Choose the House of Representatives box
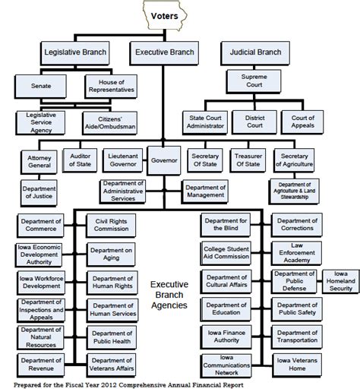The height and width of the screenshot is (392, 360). [x=110, y=85]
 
